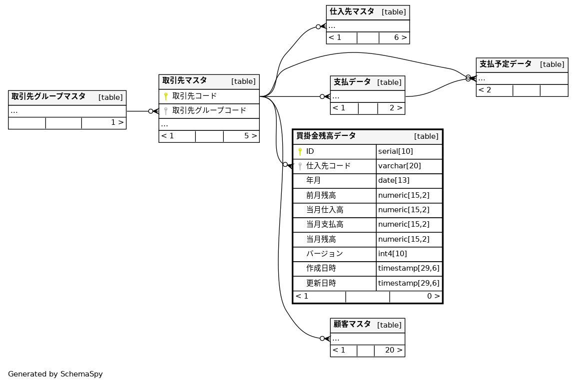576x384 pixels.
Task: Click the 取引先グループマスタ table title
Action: (48, 97)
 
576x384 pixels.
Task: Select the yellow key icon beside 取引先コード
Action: (166, 96)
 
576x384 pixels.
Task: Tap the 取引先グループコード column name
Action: (209, 111)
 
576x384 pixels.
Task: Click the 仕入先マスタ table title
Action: (352, 12)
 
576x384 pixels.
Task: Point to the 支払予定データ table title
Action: (505, 64)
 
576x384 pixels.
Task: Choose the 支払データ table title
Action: (352, 82)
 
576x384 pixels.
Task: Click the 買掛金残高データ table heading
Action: (326, 136)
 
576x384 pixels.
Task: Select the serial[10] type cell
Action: (395, 151)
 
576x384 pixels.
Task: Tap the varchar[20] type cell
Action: (399, 166)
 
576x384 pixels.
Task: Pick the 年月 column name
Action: (313, 180)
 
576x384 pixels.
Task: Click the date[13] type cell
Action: (393, 180)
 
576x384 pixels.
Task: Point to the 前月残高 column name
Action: (321, 195)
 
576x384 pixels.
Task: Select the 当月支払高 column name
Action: (325, 224)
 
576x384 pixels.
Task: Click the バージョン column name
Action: (324, 254)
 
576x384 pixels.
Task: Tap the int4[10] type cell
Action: (392, 254)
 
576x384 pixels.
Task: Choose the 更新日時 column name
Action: (321, 283)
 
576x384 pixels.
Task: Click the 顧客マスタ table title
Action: (352, 325)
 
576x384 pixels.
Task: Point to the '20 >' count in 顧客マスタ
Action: (393, 351)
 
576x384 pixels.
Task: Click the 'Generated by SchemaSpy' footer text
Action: (55, 374)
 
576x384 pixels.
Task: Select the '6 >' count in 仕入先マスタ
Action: (400, 38)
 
